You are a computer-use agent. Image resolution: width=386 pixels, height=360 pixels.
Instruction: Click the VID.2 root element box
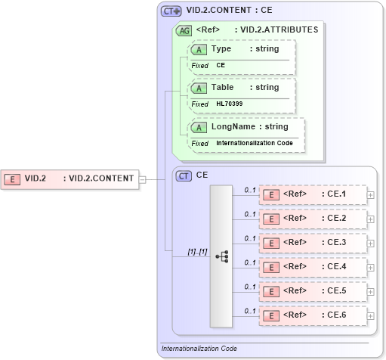(69, 179)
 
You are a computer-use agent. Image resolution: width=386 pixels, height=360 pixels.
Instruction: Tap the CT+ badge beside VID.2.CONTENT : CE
(171, 11)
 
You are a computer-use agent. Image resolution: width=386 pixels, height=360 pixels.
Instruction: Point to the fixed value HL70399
(230, 104)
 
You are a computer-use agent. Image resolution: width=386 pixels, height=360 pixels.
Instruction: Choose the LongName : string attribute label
(249, 127)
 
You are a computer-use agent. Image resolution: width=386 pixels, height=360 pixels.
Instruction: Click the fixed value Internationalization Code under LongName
(254, 143)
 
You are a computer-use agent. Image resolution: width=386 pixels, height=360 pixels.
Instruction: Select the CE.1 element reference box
(312, 194)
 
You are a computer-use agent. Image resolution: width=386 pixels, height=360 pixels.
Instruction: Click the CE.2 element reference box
(312, 219)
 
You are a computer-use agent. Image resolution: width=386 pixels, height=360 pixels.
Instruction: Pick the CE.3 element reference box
(312, 243)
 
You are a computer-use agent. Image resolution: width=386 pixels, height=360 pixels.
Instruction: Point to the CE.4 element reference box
(312, 267)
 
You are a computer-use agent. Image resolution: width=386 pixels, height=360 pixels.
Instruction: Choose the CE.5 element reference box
(312, 291)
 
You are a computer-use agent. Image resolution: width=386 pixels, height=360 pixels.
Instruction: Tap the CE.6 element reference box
(312, 315)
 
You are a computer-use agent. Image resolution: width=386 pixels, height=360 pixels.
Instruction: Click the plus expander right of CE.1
(370, 194)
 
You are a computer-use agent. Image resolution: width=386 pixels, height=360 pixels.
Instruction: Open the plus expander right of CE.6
(370, 315)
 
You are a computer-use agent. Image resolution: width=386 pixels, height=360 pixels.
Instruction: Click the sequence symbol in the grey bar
(221, 256)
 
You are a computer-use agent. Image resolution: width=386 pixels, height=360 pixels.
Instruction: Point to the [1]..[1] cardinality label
(197, 250)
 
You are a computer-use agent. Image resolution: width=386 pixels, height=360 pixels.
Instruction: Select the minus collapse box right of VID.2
(142, 179)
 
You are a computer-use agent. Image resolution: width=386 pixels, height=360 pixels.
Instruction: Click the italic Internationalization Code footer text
(199, 349)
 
